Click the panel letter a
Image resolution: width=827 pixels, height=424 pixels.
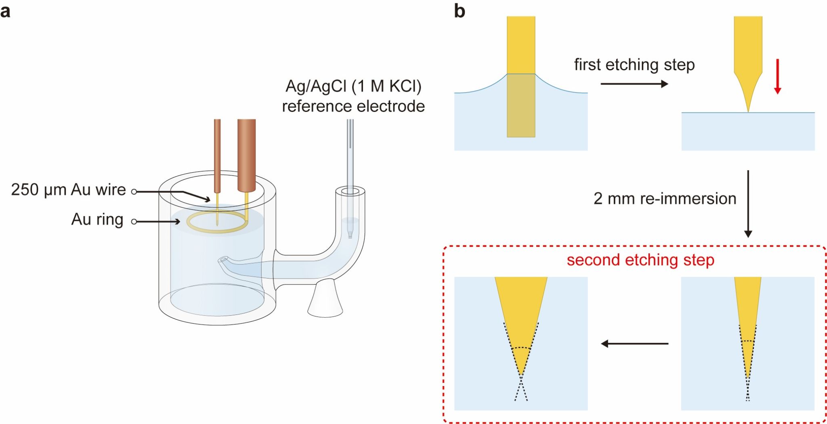point(5,11)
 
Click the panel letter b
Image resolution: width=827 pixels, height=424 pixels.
point(460,11)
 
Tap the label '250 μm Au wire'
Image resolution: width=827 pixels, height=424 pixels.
point(68,190)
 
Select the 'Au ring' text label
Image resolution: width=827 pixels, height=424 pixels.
point(97,219)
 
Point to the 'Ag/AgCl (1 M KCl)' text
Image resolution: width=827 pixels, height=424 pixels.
point(353,86)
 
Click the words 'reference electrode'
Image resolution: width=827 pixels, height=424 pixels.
point(353,106)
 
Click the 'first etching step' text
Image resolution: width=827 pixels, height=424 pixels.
point(634,65)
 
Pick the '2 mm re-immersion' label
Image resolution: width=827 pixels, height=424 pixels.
point(665,199)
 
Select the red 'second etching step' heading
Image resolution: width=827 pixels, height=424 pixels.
point(640,260)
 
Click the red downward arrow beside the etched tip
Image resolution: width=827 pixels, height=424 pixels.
point(777,77)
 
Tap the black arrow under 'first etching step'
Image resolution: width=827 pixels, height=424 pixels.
point(634,84)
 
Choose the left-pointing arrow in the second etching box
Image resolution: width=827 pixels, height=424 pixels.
point(634,344)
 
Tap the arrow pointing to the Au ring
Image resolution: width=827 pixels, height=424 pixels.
point(157,221)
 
